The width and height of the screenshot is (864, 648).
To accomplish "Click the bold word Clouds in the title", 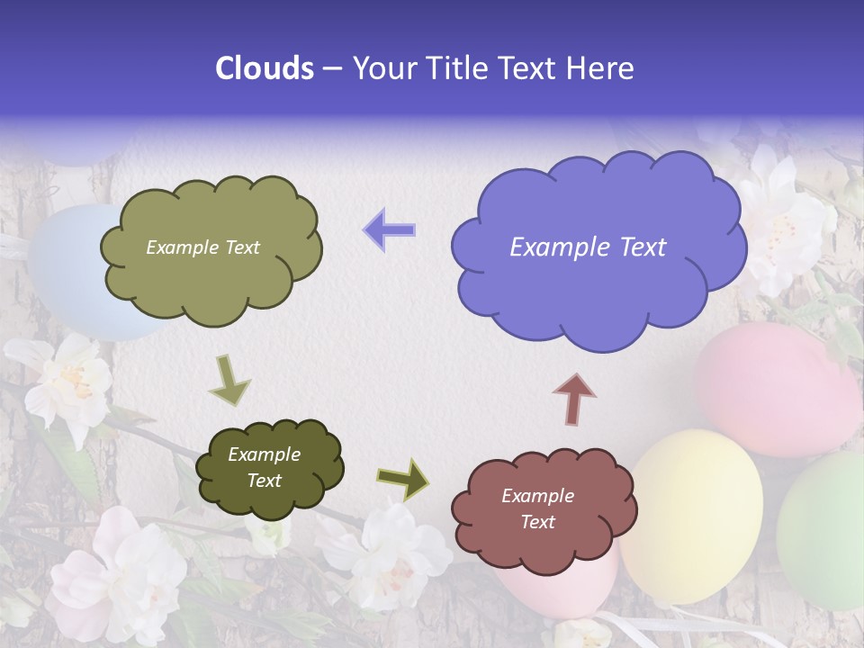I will pos(265,68).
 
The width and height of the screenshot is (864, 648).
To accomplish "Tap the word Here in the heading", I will pos(599,68).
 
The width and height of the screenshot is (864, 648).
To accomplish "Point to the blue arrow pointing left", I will pos(389,229).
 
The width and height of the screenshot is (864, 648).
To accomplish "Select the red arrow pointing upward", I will pos(574,399).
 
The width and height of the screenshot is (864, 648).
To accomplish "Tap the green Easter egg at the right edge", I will pos(823,531).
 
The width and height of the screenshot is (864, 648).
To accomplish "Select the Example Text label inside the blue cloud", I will pos(588,247).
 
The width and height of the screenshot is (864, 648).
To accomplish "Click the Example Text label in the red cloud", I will pos(537,508).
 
